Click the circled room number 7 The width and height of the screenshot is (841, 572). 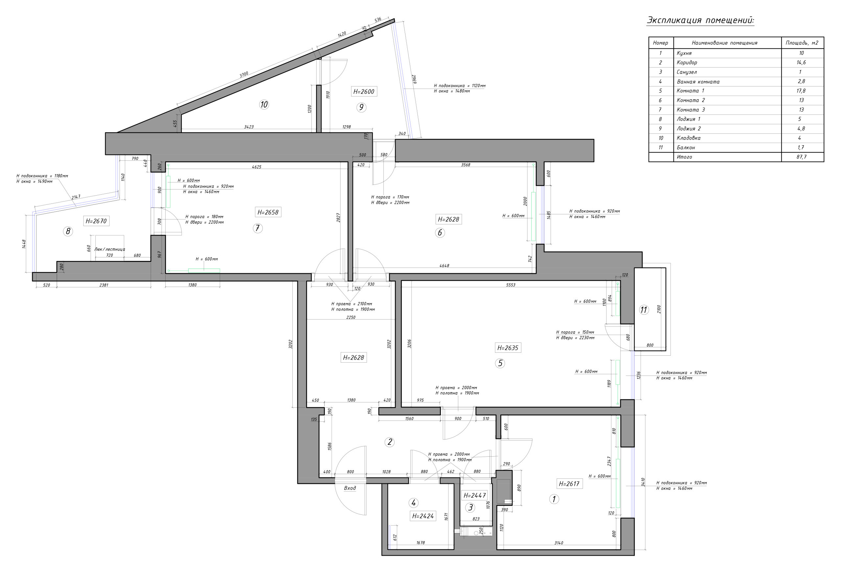pos(257,228)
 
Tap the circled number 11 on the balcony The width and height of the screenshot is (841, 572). pos(644,310)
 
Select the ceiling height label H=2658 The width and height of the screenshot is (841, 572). pos(268,212)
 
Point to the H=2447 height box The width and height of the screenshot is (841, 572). pos(474,495)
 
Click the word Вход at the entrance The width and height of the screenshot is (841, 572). pos(350,488)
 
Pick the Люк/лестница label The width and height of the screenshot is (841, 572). pos(110,249)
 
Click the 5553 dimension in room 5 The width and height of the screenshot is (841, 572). pos(511,285)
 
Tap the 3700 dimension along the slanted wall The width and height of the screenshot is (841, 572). pos(244,74)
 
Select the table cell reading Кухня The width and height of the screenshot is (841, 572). pos(684,53)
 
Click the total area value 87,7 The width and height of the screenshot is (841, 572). pos(801,157)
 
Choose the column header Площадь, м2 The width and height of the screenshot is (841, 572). pos(802,43)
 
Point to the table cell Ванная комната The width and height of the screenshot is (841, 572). pos(698,82)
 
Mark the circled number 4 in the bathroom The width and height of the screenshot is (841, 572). pos(413,503)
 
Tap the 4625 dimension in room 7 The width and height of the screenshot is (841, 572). pos(257,167)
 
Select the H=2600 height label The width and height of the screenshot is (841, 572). pos(364,92)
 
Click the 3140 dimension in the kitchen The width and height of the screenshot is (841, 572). pos(559,543)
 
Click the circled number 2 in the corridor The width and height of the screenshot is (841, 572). pos(389,442)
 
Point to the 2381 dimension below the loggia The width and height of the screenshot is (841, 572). pos(104,285)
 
